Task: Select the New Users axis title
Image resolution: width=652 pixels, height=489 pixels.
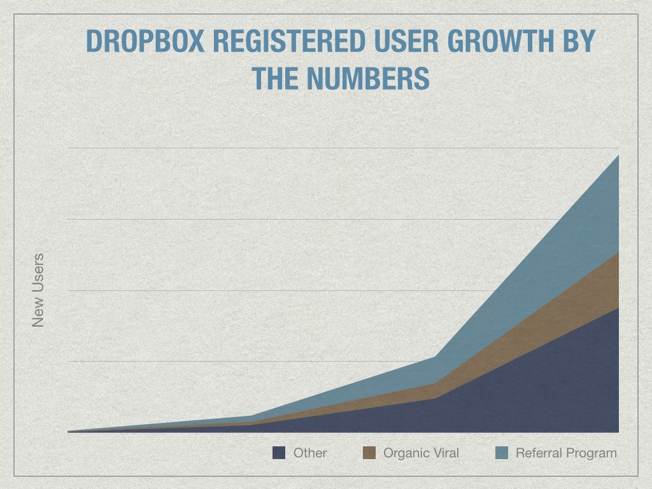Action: pos(38,290)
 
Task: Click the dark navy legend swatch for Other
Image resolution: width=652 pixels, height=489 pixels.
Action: pos(278,453)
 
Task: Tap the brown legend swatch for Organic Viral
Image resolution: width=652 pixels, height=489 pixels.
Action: pos(369,453)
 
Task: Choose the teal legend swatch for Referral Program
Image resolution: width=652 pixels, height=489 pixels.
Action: pos(502,453)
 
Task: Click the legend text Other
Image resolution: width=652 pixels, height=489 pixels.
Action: pos(310,453)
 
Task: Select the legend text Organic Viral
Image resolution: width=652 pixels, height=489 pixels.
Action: pos(421,453)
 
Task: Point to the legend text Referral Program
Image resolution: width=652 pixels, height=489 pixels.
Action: pos(566,453)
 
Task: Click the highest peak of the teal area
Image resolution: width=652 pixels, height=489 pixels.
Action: pos(618,156)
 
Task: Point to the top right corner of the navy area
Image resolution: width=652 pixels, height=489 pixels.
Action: pos(618,309)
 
